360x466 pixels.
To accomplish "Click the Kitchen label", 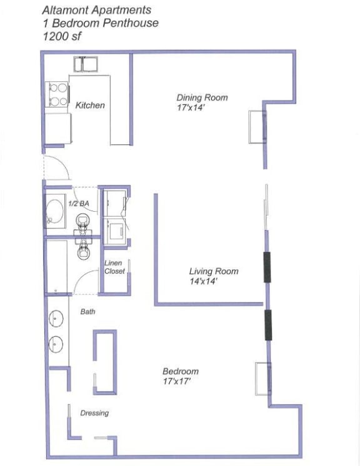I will [x=90, y=106].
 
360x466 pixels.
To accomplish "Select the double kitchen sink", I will [x=87, y=63].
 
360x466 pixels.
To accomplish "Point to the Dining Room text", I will [x=202, y=97].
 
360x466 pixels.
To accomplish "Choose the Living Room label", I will [x=214, y=271].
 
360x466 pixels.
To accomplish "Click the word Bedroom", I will [x=181, y=371].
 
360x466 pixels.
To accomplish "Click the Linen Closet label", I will [x=114, y=267].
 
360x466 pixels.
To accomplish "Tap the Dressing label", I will [x=94, y=413].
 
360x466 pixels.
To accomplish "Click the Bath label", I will [x=87, y=311].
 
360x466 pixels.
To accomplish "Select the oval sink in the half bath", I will [x=55, y=212].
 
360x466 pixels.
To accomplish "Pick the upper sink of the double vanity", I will [x=57, y=319].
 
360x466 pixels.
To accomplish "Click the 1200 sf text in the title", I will [x=62, y=36].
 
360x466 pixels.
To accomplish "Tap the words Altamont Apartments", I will [x=96, y=10].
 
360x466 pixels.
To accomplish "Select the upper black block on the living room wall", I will [x=267, y=267].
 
